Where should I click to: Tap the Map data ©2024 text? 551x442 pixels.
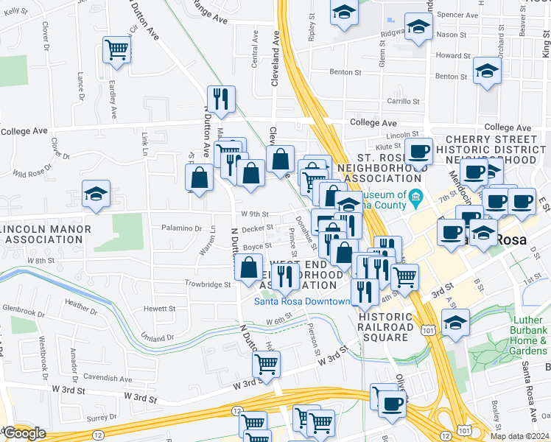click(x=519, y=436)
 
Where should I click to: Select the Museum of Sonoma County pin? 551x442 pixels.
click(x=415, y=196)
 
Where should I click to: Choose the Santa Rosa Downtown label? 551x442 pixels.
click(x=301, y=301)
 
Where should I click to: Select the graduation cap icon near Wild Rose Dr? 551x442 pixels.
click(x=96, y=194)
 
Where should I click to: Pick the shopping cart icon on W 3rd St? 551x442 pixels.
click(x=266, y=362)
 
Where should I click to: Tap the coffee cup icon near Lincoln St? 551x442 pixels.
click(x=418, y=152)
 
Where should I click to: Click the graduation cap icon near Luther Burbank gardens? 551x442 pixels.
click(x=455, y=322)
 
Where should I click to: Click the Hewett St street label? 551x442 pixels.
click(x=160, y=309)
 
